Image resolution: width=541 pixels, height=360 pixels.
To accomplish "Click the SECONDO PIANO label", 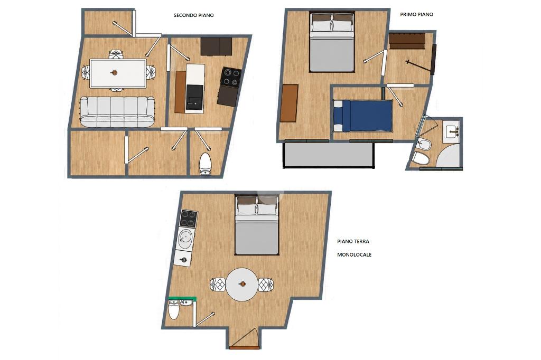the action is click(193, 15).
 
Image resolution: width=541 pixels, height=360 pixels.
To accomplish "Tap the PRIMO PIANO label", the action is click(416, 14).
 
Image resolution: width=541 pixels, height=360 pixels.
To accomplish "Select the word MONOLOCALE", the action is click(355, 255).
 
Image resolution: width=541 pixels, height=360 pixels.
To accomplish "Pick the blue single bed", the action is click(363, 116).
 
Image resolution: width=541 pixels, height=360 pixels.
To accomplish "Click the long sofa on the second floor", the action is click(117, 112).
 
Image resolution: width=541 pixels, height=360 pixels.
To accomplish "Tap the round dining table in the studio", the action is click(242, 285).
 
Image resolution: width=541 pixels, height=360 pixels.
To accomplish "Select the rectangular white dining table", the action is click(118, 73).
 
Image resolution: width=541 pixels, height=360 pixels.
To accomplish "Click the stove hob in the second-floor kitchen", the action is click(230, 77).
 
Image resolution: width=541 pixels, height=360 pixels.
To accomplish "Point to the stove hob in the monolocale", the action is click(189, 219).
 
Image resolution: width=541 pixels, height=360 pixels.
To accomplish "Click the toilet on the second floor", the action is click(206, 164).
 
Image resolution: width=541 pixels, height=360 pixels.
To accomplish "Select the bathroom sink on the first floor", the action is click(452, 130).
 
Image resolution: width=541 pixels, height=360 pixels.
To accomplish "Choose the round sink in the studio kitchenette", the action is click(185, 237).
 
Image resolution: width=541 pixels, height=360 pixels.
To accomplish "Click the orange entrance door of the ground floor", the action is click(244, 347).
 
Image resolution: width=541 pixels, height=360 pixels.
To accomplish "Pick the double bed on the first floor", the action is click(332, 42).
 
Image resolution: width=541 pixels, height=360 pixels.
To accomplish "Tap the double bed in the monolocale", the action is click(257, 225).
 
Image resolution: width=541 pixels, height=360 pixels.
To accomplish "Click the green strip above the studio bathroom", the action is click(182, 299).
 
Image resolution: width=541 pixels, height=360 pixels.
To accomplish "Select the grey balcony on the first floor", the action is click(329, 155).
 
